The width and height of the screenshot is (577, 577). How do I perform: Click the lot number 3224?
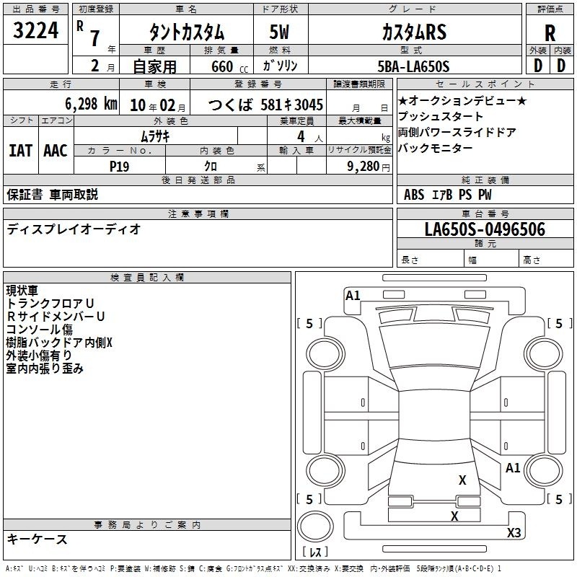click(x=35, y=30)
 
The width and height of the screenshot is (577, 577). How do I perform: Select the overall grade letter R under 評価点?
click(x=550, y=33)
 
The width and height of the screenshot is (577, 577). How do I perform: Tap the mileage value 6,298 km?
click(x=92, y=104)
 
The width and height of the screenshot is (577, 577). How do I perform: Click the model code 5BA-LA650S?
click(x=413, y=66)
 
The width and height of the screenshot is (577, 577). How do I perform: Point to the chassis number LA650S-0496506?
click(x=485, y=229)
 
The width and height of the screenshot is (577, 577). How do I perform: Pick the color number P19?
click(x=119, y=167)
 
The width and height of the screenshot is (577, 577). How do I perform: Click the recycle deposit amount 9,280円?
click(x=369, y=167)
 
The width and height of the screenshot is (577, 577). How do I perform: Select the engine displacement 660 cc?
click(x=229, y=66)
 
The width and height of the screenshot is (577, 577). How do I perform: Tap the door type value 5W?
click(x=279, y=32)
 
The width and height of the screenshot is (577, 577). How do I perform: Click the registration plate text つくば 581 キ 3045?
click(x=265, y=105)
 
